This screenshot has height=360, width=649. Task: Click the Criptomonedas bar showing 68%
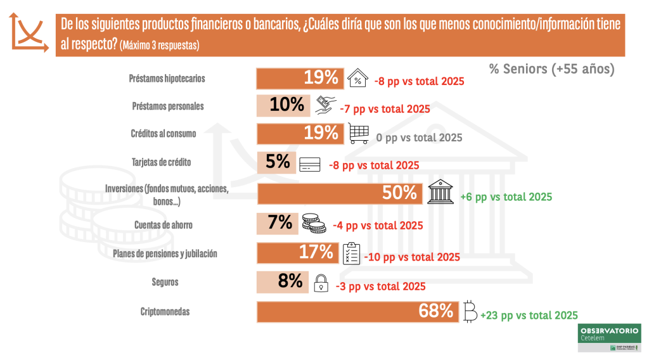[x=358, y=312]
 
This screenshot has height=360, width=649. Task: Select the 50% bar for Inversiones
[x=340, y=194]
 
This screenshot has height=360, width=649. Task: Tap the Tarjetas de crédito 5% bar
[x=276, y=163]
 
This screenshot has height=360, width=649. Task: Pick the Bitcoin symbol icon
[x=470, y=312]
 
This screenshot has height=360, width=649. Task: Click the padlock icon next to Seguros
[x=321, y=283]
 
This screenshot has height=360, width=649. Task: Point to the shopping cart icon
[x=359, y=134]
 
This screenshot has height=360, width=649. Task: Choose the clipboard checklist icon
[x=351, y=254]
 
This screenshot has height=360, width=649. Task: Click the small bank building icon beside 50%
[x=442, y=193]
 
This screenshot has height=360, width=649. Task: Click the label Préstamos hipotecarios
[x=167, y=79]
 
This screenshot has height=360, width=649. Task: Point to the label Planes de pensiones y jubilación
[x=165, y=254]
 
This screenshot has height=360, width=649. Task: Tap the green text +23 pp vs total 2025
[x=529, y=315]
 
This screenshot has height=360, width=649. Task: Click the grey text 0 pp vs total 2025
[x=420, y=138]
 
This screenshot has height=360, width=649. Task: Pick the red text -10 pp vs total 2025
[x=412, y=257]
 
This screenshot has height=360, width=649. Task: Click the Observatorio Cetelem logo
[x=609, y=337]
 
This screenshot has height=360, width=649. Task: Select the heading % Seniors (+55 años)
[x=551, y=69]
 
